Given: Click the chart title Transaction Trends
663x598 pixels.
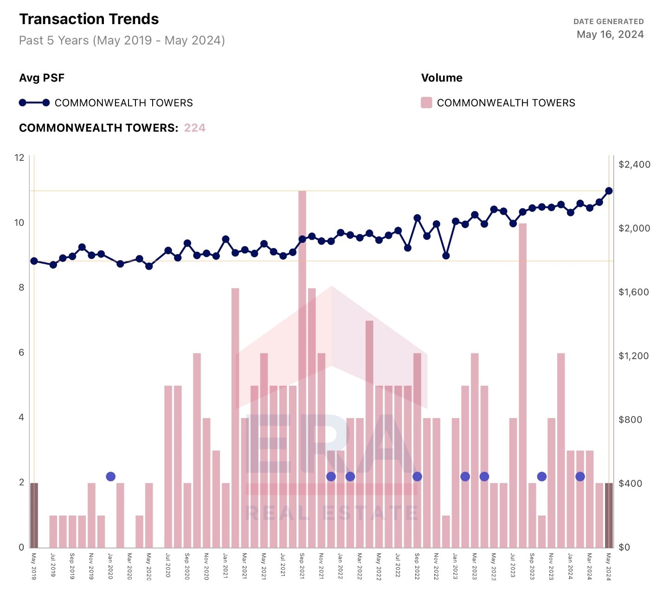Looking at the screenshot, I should click(x=89, y=19).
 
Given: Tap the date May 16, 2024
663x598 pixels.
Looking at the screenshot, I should click(x=610, y=34).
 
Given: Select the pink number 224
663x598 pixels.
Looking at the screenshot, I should click(x=195, y=128).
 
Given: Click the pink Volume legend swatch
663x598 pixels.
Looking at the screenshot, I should click(x=426, y=102).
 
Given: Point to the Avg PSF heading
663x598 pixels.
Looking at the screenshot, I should click(x=42, y=78).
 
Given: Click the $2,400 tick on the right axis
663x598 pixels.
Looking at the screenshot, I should click(x=634, y=165).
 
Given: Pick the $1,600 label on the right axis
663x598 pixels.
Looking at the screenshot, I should click(x=634, y=292).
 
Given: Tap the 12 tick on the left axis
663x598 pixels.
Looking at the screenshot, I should click(x=19, y=158).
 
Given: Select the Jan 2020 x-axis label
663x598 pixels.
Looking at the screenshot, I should click(x=110, y=566).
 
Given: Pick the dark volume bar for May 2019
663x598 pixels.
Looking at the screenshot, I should click(x=34, y=515).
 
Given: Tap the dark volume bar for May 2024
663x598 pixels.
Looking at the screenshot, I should click(x=609, y=515).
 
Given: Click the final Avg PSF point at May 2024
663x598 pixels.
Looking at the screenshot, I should click(x=609, y=191).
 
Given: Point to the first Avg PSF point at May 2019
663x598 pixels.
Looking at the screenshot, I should click(x=34, y=261).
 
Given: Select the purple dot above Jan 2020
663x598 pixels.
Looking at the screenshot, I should click(x=110, y=477).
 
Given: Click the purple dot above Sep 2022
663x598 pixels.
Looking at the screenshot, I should click(x=417, y=477).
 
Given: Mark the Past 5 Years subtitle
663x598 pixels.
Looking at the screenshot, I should click(x=122, y=40).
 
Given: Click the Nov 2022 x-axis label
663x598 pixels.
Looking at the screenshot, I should click(x=436, y=566).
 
